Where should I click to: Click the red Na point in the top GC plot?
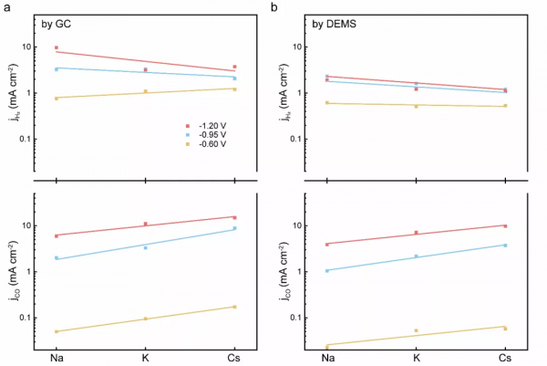57,47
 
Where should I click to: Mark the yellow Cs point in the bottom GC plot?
234,307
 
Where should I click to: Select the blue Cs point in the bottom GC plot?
234,228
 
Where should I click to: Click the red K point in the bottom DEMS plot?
416,233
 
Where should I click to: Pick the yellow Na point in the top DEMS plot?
327,103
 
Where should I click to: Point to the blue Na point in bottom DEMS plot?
327,270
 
